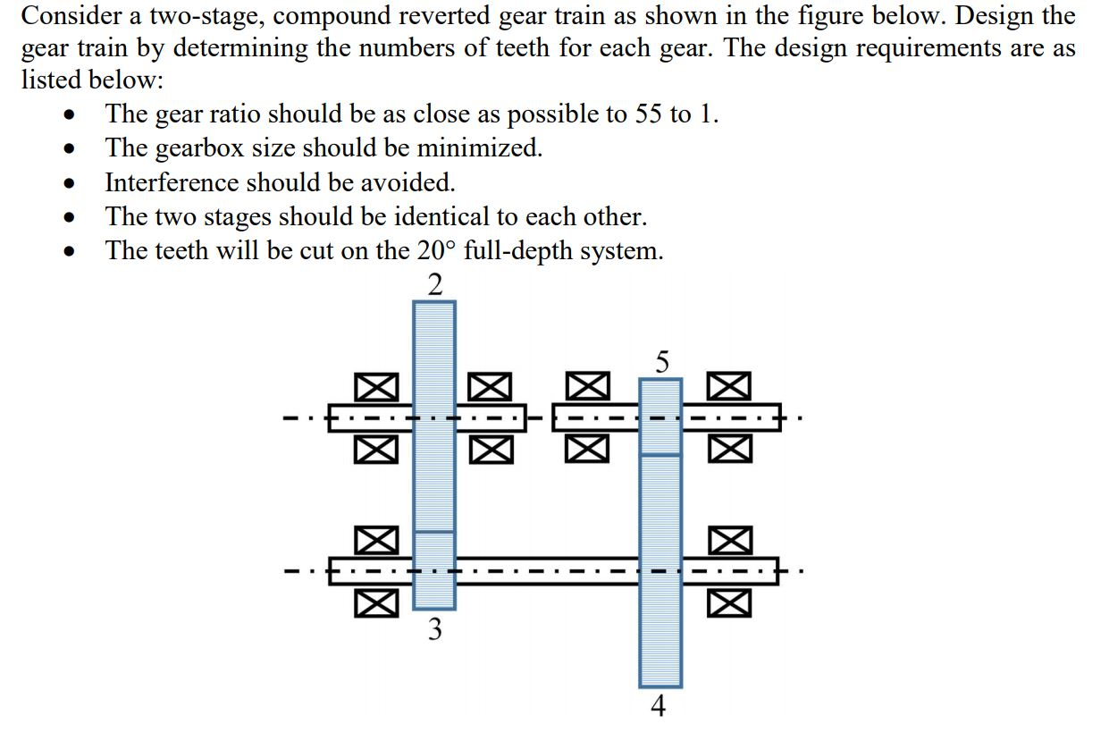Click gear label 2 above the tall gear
434,285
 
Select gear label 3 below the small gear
434,629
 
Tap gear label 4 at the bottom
659,707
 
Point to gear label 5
661,361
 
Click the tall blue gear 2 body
434,402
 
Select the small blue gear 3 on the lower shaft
434,570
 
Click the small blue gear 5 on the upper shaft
660,417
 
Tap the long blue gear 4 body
660,581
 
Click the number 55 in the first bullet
649,114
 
